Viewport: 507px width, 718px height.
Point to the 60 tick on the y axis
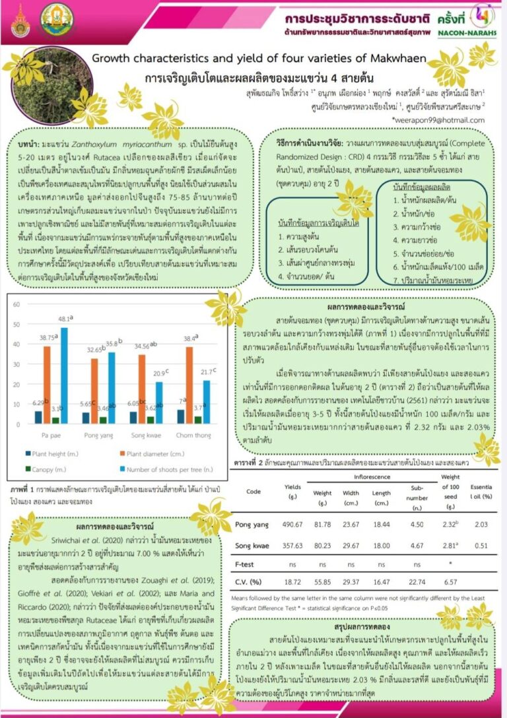click(17, 304)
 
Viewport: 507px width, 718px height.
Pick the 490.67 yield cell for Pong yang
click(292, 525)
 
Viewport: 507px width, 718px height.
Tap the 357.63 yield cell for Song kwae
click(292, 546)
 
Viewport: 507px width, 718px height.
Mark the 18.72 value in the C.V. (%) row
click(292, 581)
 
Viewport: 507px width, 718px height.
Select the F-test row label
click(246, 565)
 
